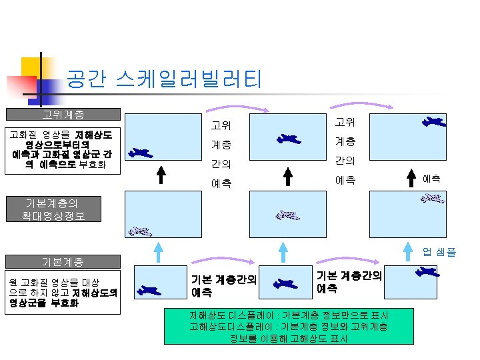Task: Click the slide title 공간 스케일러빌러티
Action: [163, 80]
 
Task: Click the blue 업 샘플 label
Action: [439, 251]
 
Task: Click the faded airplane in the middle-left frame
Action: [141, 231]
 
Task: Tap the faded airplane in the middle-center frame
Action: [288, 215]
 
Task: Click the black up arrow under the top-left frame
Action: [160, 174]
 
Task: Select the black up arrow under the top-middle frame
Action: [288, 174]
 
